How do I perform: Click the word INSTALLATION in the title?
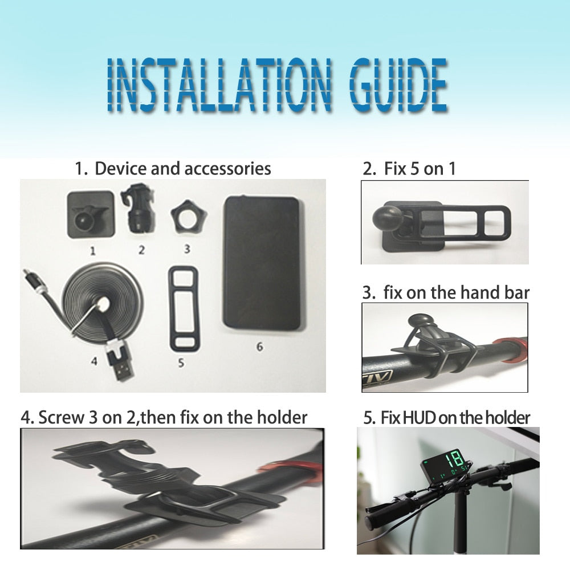click(219, 85)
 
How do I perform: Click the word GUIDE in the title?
click(398, 85)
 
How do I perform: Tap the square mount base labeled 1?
click(91, 215)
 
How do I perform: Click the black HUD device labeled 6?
click(262, 263)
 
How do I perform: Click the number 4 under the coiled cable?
click(94, 361)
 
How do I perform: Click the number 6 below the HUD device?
click(259, 347)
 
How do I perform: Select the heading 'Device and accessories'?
click(183, 169)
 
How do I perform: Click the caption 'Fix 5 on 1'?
click(420, 169)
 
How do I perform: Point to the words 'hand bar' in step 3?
click(495, 292)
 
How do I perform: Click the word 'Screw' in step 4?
click(61, 417)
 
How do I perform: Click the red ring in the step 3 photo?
click(510, 349)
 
